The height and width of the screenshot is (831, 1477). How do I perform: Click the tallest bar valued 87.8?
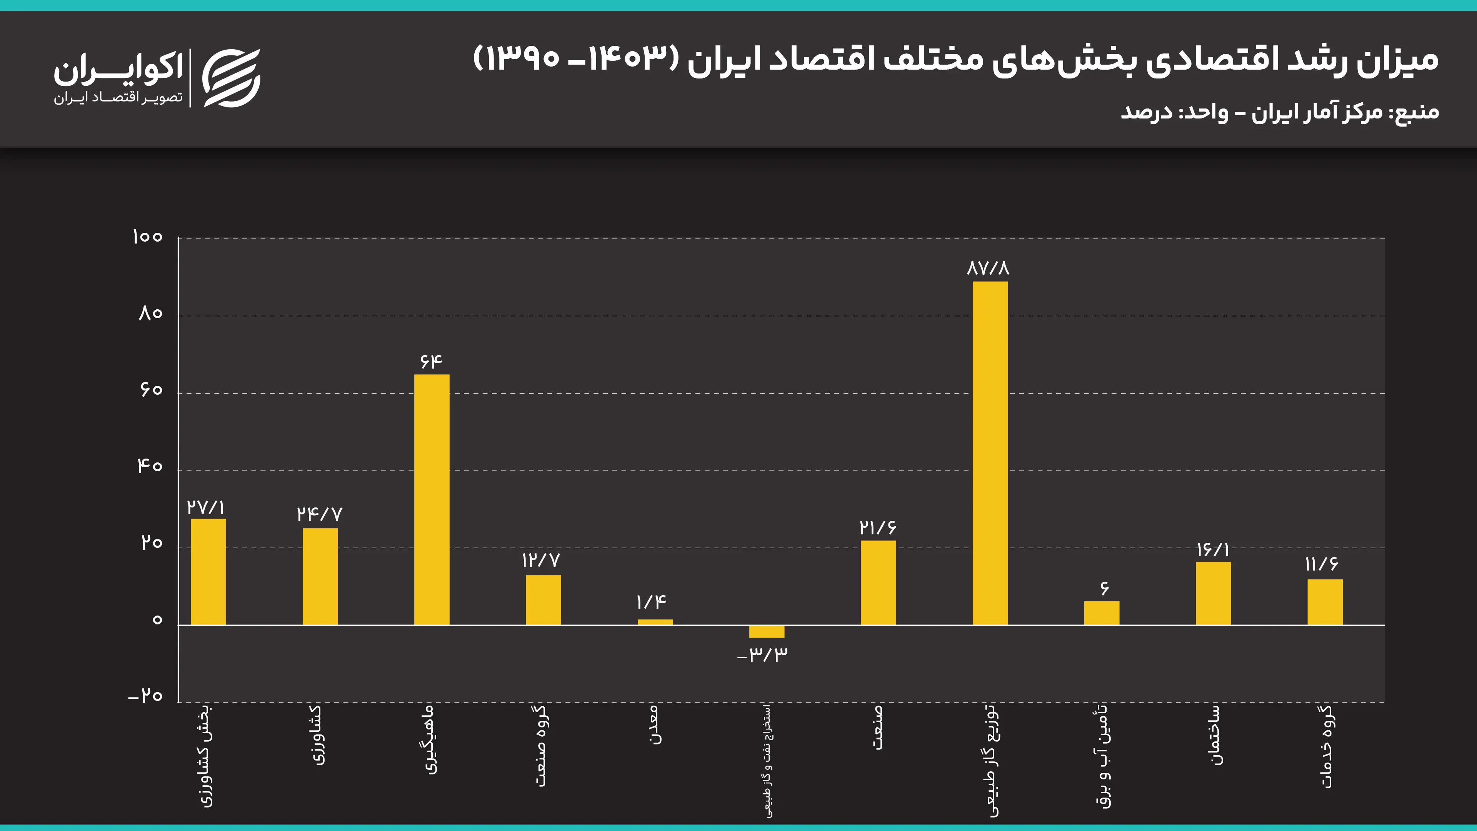pos(990,453)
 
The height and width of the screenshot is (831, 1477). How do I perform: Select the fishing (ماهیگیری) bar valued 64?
pos(432,499)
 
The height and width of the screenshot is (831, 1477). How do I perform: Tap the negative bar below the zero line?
pos(767,631)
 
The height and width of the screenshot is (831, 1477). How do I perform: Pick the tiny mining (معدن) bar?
pos(655,622)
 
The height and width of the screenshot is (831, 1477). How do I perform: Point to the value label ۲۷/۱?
pos(206,507)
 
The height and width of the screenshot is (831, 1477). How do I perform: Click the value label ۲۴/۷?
pos(319,514)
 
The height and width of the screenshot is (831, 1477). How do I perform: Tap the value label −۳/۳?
pos(763,654)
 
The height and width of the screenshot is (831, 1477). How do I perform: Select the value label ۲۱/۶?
pos(878,527)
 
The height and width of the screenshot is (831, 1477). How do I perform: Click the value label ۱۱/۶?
pos(1322,564)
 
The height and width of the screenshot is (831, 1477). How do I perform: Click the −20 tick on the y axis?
pos(146,696)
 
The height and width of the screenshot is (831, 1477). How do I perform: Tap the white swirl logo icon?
pos(232,78)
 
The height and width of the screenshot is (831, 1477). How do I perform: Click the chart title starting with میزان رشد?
pos(955,60)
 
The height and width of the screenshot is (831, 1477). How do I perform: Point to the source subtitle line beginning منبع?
pos(1280,112)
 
